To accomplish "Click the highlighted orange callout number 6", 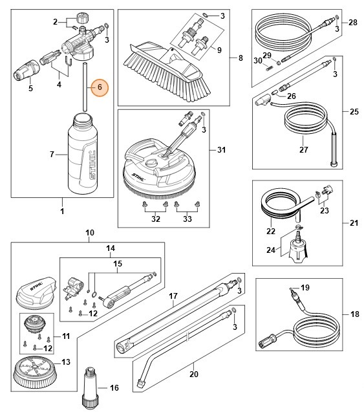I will click(100, 87).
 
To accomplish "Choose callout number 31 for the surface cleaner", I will click(222, 151).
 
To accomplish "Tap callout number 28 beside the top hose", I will click(353, 22).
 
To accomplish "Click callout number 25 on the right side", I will click(354, 112).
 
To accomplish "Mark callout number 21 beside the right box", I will click(354, 223).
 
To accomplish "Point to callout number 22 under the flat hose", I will click(271, 231).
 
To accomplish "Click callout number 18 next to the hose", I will click(354, 315).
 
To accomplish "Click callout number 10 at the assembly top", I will click(90, 232).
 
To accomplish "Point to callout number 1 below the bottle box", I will click(63, 211).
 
